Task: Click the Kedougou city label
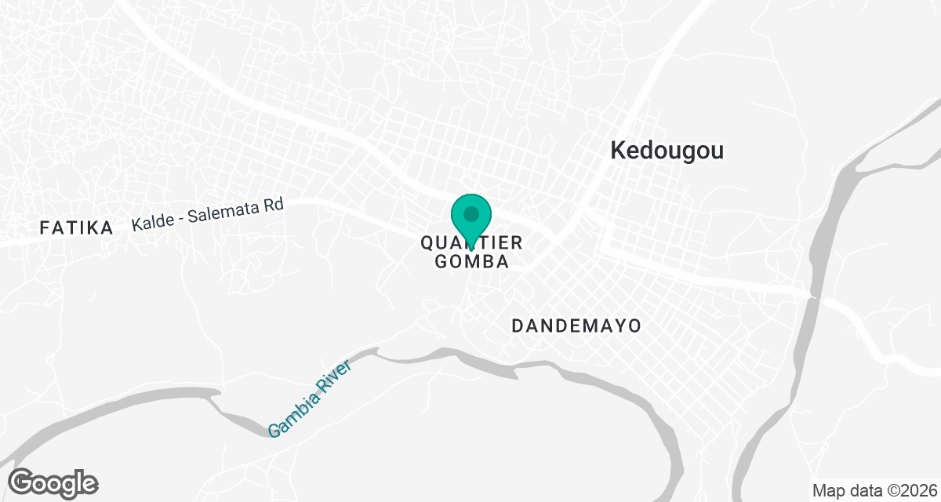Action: (667, 151)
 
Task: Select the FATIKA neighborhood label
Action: (76, 228)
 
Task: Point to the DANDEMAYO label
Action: (576, 326)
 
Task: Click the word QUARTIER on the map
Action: (470, 243)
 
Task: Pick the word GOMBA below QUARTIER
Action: (471, 262)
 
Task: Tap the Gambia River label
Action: (310, 398)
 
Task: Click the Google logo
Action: (53, 482)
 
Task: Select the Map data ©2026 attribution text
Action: (874, 491)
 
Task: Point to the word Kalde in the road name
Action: (149, 222)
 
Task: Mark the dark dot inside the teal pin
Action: (470, 213)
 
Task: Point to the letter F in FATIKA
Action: (44, 228)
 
